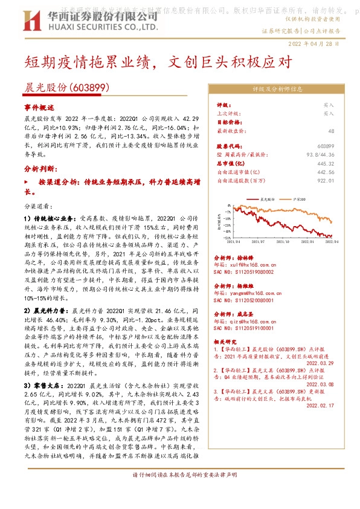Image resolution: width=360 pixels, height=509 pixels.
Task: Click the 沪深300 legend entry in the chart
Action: [300, 198]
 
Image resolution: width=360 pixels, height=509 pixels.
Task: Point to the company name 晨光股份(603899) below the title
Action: [67, 88]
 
